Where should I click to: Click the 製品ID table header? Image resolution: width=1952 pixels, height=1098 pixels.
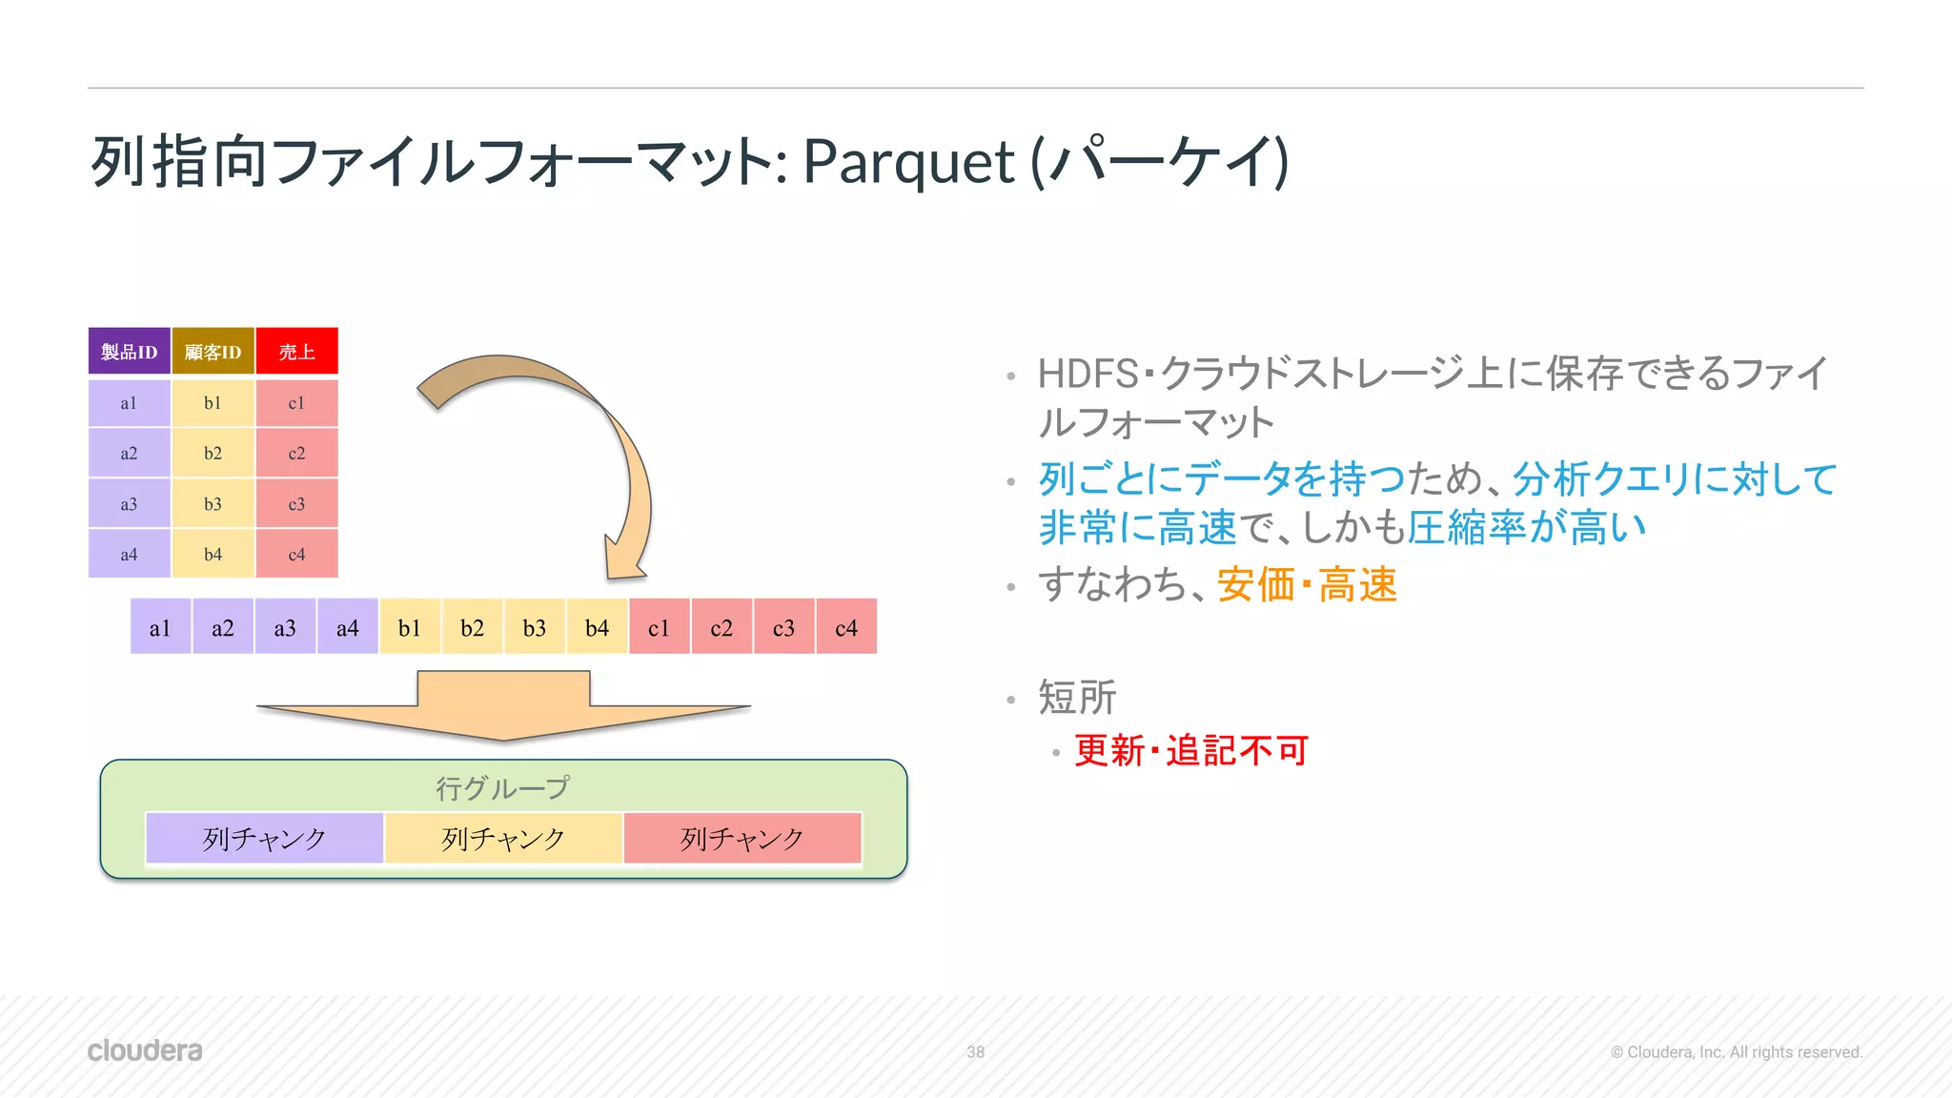tap(129, 352)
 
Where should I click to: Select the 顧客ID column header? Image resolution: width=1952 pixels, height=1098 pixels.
tap(213, 352)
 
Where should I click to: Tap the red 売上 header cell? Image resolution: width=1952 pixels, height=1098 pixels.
tap(296, 352)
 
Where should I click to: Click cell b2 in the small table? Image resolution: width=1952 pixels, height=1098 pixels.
tap(213, 453)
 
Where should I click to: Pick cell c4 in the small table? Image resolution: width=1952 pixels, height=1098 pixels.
tap(296, 554)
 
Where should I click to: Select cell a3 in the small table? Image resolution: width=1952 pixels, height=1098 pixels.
tap(129, 503)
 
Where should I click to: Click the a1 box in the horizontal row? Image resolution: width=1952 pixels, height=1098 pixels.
tap(160, 627)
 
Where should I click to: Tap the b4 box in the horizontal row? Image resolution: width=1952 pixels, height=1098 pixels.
tap(597, 627)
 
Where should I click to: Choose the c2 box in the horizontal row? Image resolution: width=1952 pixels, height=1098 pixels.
tap(722, 627)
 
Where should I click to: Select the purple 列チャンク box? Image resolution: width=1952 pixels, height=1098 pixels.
tap(264, 838)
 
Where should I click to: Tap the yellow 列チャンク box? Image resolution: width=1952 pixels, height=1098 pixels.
tap(503, 838)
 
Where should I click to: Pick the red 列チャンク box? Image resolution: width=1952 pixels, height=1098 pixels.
tap(742, 838)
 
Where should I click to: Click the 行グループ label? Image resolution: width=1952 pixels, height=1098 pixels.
tap(502, 787)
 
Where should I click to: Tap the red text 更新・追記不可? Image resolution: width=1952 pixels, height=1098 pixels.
tap(1190, 751)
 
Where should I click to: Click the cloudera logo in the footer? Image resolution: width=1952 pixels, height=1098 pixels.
tap(145, 1050)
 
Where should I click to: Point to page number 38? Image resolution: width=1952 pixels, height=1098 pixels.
tap(975, 1052)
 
